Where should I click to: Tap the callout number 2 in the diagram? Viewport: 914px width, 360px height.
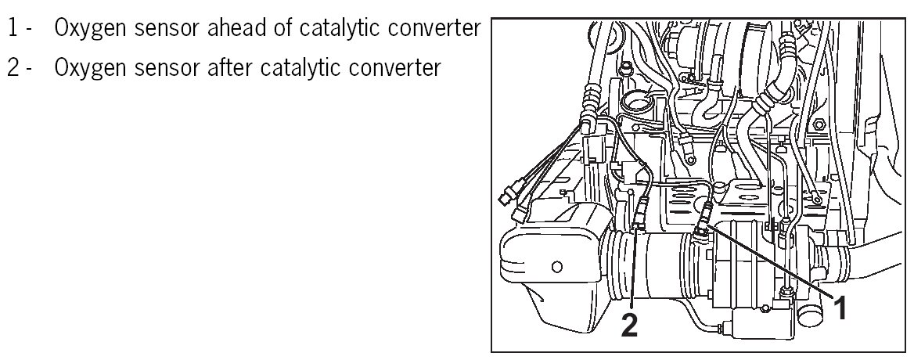[630, 324]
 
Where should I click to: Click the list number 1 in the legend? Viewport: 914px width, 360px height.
[13, 30]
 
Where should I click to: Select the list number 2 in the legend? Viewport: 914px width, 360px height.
[14, 67]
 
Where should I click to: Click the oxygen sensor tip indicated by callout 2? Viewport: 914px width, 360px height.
[637, 227]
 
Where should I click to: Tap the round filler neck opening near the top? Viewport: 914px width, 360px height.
[641, 102]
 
